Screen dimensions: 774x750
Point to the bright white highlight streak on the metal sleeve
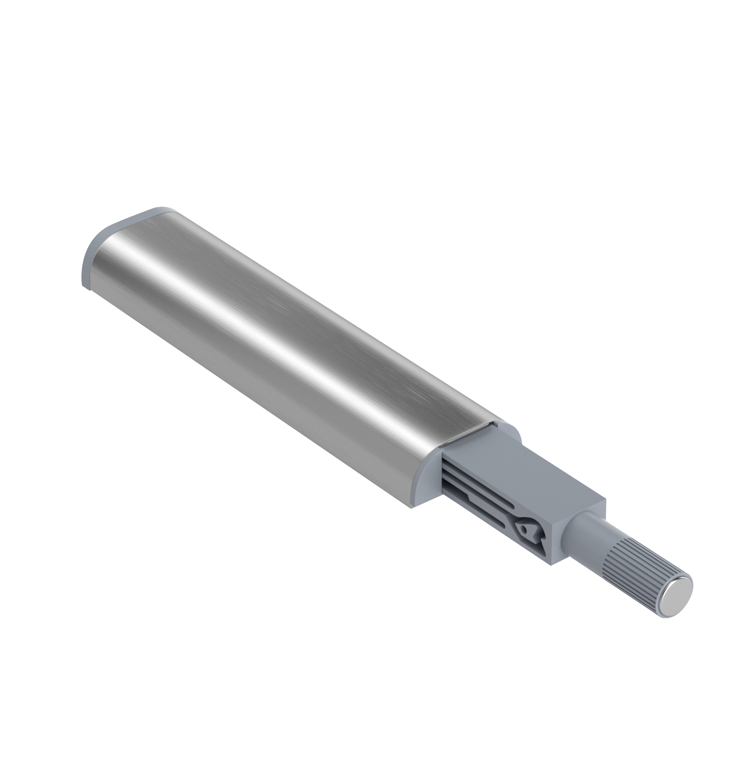point(264,325)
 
